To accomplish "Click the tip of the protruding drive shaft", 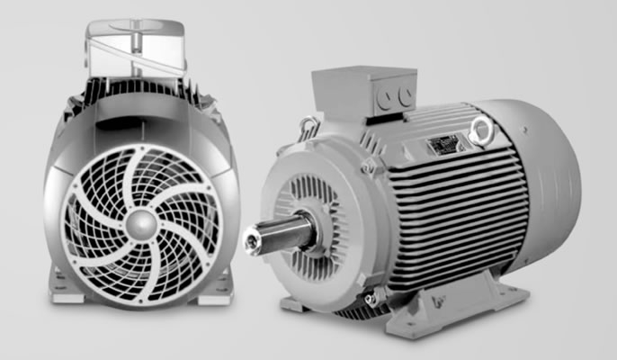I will (251, 238).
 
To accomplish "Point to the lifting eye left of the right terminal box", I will (308, 123).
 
